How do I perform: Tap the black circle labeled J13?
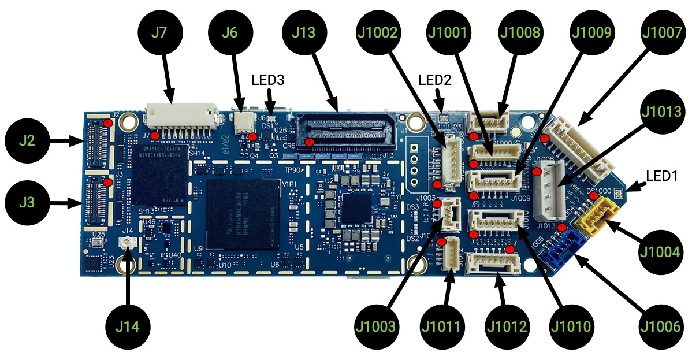[x=304, y=33]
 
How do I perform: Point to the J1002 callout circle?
[x=380, y=33]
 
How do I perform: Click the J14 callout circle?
[x=127, y=325]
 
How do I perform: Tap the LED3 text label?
[x=268, y=80]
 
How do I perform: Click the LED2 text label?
[x=434, y=80]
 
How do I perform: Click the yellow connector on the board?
[x=602, y=213]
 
